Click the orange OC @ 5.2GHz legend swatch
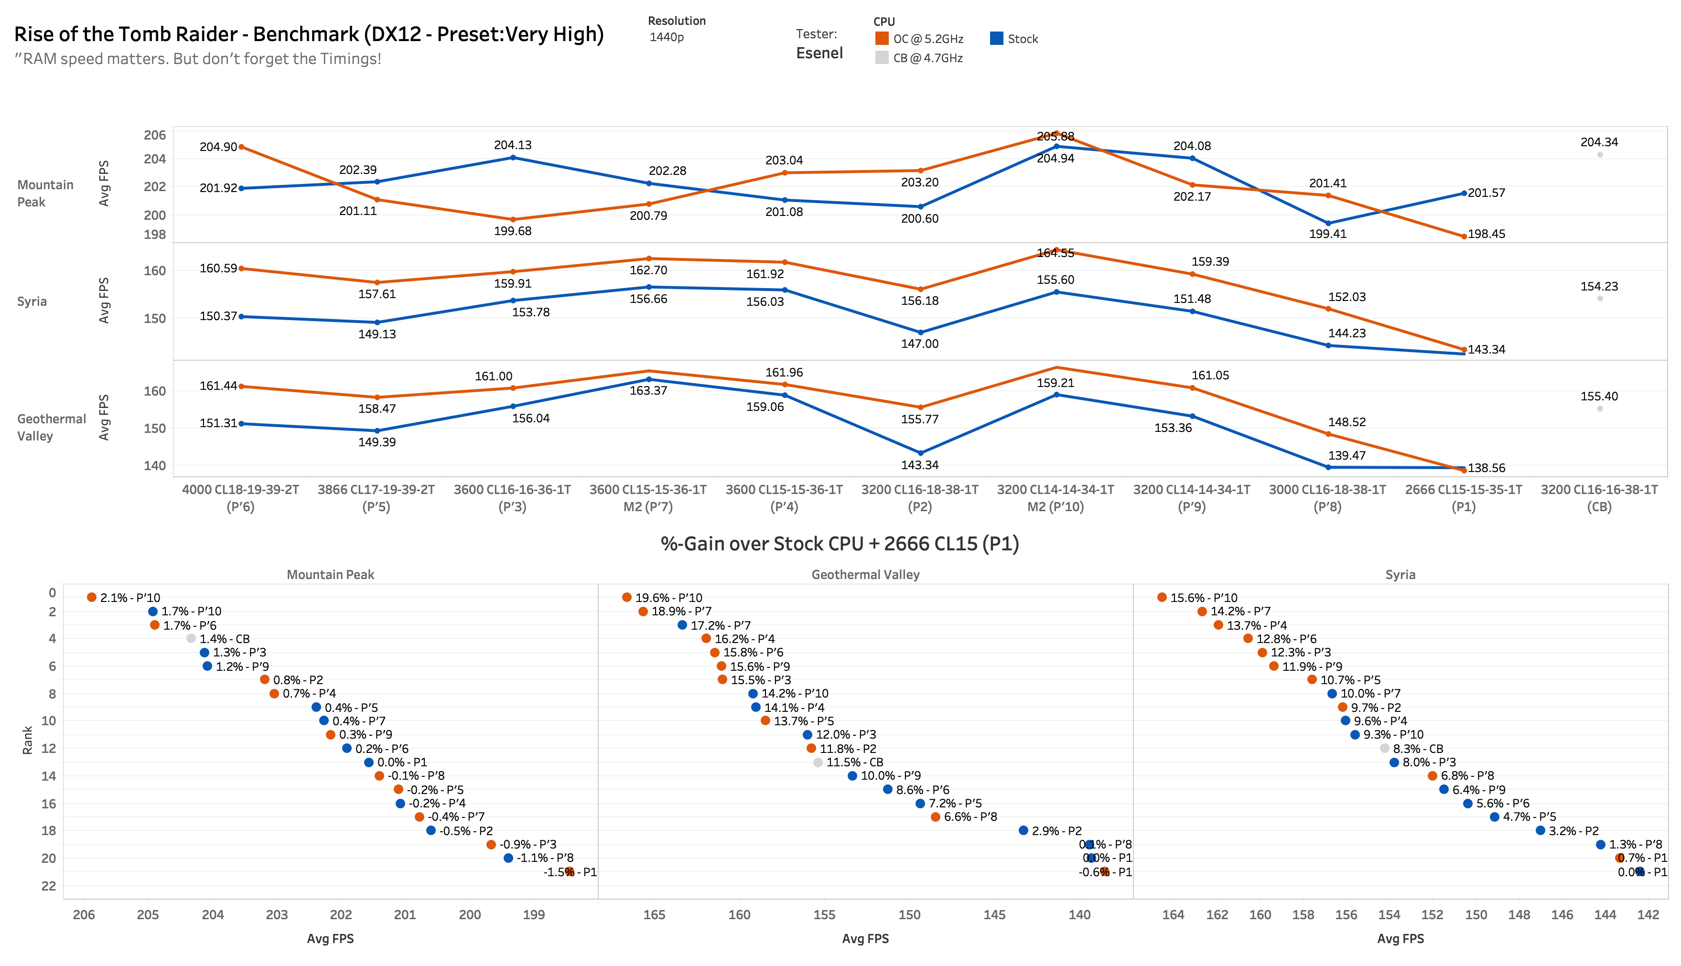[x=882, y=39]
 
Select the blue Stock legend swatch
[x=996, y=39]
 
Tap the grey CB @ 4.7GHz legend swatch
[x=882, y=58]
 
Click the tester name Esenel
[x=819, y=53]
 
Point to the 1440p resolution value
[x=666, y=37]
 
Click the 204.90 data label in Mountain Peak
[x=218, y=147]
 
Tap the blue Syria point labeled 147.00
[x=920, y=333]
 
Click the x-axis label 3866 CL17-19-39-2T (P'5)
[x=376, y=498]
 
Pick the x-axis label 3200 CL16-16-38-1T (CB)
[x=1599, y=498]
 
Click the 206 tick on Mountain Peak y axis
[x=154, y=135]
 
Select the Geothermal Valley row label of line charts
[x=51, y=427]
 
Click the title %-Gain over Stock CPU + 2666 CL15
[x=839, y=544]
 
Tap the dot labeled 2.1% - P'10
[x=92, y=597]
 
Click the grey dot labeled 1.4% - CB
[x=191, y=638]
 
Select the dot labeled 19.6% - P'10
[x=627, y=597]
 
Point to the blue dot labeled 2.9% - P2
[x=1023, y=830]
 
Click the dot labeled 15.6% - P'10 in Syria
[x=1162, y=597]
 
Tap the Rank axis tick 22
[x=48, y=886]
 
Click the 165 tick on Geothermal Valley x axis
[x=654, y=914]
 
